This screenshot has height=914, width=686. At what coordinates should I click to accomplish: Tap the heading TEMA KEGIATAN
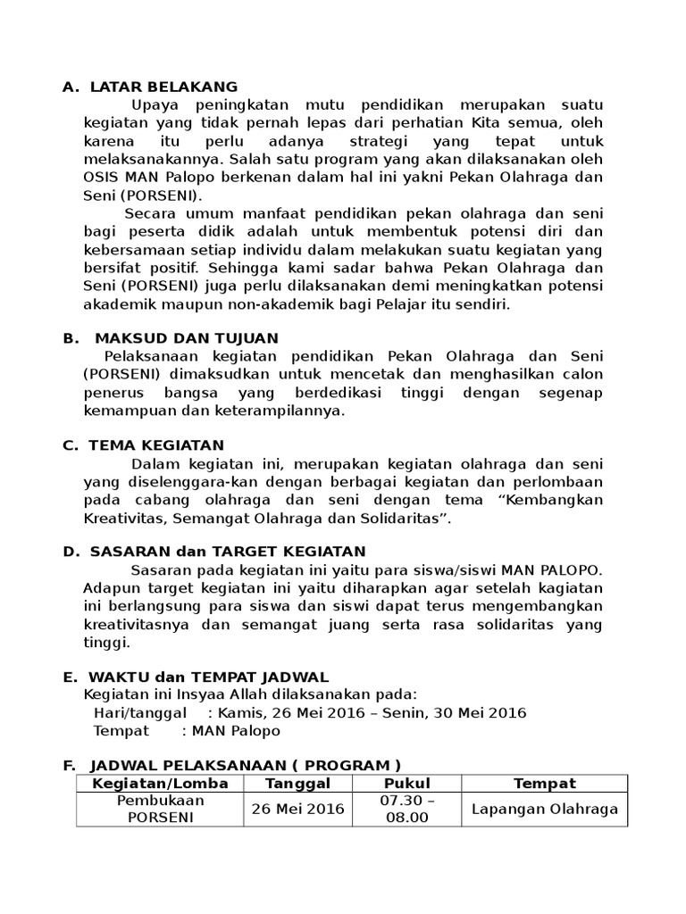coord(156,445)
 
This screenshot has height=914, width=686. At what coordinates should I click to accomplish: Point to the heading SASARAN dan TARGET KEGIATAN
coord(227,552)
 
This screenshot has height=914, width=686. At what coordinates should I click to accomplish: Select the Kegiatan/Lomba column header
coord(159,784)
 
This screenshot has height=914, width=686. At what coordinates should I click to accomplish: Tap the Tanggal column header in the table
coord(298,784)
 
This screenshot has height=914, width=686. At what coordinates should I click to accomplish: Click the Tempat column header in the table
coord(544,784)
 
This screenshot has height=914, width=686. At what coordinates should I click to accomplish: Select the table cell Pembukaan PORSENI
coord(159,809)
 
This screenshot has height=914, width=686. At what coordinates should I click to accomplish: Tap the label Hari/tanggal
coord(140,712)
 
